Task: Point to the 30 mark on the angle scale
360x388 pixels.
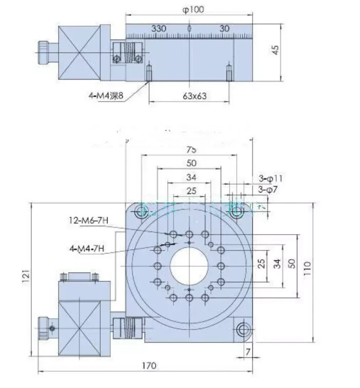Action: point(224,29)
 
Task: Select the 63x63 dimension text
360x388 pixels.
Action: point(188,96)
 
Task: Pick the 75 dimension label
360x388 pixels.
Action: point(191,150)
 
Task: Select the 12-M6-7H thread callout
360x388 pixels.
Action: point(88,221)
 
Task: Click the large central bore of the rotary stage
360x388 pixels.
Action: point(190,266)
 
